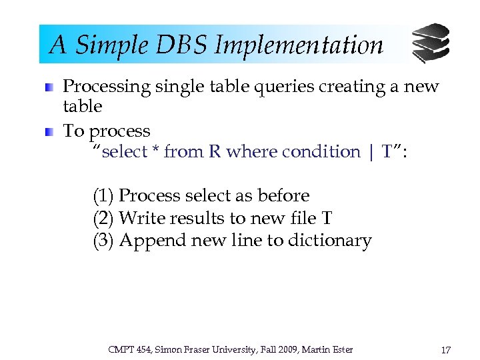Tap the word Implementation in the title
point(299,45)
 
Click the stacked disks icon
point(430,43)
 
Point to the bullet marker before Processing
point(50,87)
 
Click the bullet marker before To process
point(50,132)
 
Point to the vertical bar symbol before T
point(371,152)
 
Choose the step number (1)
point(103,196)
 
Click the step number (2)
point(103,218)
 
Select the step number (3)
point(103,241)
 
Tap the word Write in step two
point(138,218)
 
